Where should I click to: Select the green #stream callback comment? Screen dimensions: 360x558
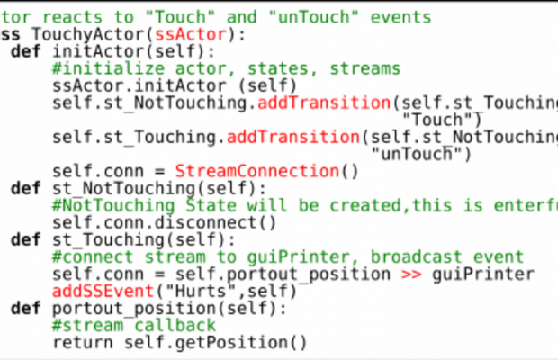pyautogui.click(x=134, y=325)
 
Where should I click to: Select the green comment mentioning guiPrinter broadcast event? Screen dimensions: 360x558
pyautogui.click(x=287, y=256)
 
